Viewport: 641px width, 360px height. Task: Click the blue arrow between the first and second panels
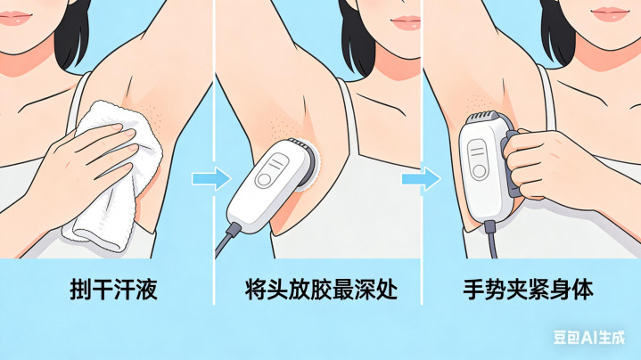tap(211, 178)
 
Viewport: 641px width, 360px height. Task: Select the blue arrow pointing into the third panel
tap(421, 178)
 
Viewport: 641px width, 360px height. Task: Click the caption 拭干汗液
tap(113, 290)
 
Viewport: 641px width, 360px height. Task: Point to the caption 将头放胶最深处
tap(321, 290)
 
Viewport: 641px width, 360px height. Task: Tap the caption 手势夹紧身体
tap(528, 290)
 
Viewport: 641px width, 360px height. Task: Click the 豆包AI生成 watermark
tap(589, 338)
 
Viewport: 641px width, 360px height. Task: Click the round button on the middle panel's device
tap(264, 180)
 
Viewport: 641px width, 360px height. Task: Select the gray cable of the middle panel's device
tap(226, 239)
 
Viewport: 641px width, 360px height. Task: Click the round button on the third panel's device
tap(479, 171)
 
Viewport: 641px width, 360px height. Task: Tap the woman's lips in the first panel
tap(15, 18)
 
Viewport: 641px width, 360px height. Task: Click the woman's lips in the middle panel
tap(407, 22)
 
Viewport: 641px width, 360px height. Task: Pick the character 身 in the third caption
tap(560, 290)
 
